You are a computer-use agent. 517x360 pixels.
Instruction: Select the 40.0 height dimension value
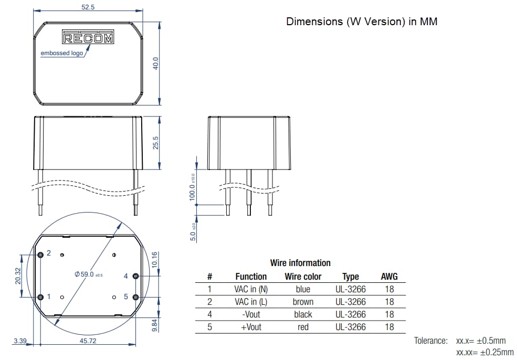(x=155, y=63)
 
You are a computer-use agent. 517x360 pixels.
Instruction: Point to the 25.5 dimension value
(x=155, y=142)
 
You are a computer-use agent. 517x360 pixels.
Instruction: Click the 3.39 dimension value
(x=20, y=341)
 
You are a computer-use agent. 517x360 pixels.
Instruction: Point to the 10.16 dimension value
(x=154, y=260)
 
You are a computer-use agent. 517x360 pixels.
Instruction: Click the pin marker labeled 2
(x=41, y=255)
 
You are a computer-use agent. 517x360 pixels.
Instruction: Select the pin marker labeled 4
(x=135, y=276)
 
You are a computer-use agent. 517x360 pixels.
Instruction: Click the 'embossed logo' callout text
(x=62, y=54)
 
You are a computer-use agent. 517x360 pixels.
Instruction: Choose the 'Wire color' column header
(x=303, y=277)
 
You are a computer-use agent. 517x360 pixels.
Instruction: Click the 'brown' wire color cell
(x=303, y=302)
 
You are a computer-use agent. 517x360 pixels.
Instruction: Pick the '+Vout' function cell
(x=251, y=327)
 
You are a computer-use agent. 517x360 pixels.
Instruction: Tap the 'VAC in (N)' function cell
(x=251, y=289)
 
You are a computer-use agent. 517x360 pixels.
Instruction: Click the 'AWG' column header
(x=389, y=277)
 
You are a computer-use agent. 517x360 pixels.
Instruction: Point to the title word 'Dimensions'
(x=313, y=22)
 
